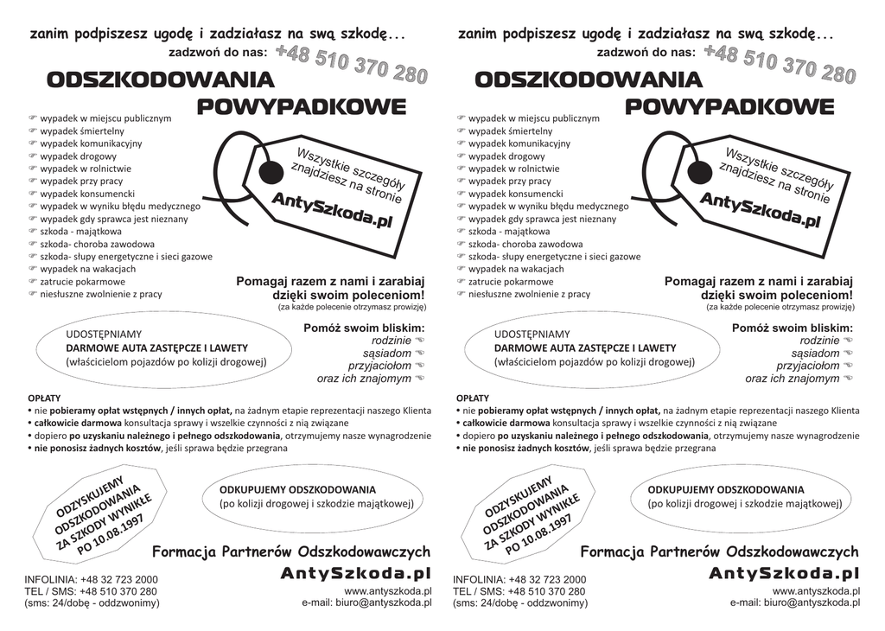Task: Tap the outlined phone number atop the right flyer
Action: pos(780,65)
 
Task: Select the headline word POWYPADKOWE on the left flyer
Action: pos(302,107)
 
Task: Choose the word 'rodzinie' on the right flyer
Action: pos(813,341)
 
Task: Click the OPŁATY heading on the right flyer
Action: pos(472,398)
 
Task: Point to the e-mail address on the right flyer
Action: pos(794,602)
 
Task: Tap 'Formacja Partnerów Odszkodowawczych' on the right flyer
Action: pos(719,551)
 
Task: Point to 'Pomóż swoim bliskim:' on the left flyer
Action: pos(364,328)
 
